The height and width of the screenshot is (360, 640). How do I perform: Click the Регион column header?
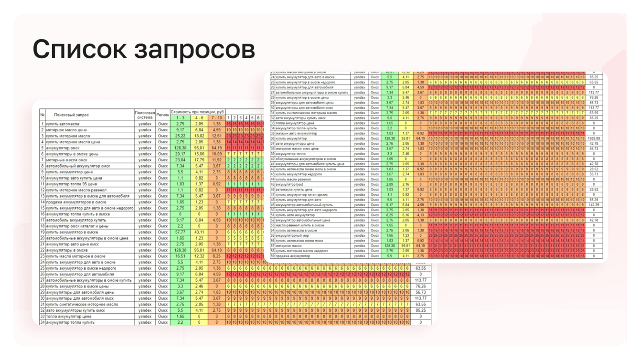163,115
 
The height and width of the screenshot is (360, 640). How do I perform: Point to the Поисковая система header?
145,115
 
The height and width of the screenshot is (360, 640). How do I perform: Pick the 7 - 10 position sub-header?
216,118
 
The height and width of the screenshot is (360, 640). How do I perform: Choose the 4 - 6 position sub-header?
199,118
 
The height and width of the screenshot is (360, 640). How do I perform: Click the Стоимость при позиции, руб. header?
198,112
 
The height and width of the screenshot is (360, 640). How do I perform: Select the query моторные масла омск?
66,160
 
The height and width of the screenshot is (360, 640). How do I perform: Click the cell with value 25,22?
180,136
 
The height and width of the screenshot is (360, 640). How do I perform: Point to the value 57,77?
180,232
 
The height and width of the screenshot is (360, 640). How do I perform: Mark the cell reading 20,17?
180,154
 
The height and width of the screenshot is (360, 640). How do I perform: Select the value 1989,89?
594,138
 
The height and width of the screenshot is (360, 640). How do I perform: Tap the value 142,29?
594,205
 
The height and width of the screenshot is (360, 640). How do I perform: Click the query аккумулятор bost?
289,184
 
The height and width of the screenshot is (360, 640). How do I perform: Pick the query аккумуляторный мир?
291,235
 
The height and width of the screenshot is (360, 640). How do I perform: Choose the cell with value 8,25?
389,215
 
